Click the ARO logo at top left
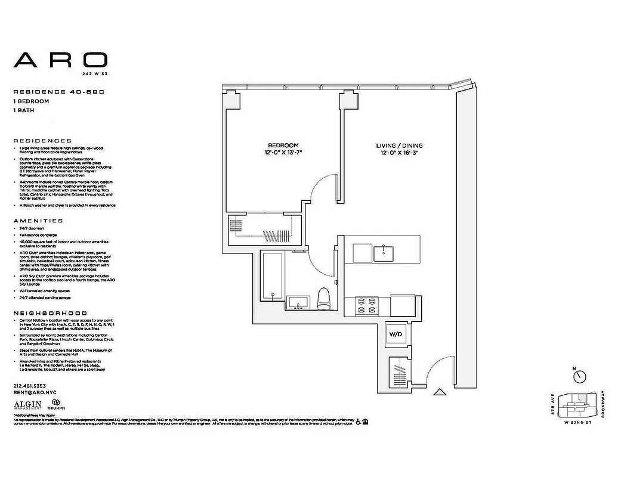tap(60, 60)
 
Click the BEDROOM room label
tap(283, 145)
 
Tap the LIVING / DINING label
tap(399, 145)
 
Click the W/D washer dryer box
tap(397, 334)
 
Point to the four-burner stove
tap(362, 306)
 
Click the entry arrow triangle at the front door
tap(440, 392)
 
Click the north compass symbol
tap(579, 376)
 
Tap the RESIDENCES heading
tap(42, 141)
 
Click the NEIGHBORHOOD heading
tap(50, 313)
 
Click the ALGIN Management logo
tap(27, 405)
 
